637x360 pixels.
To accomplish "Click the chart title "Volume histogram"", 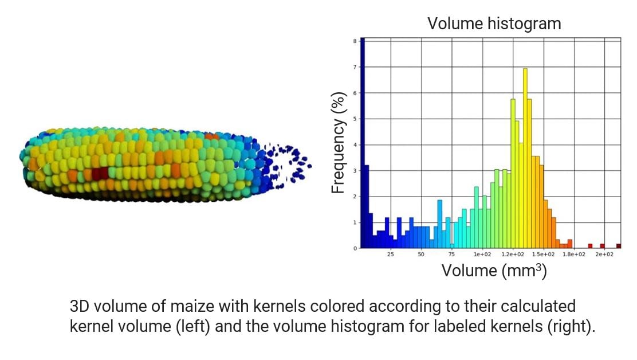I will click(494, 24).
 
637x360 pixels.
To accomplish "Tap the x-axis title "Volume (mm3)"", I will click(494, 270).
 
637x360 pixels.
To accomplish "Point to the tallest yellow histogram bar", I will click(525, 158).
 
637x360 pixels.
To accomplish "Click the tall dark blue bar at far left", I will click(363, 143).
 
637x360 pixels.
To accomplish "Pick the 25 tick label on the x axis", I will click(390, 254).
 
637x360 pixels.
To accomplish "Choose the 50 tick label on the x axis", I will click(421, 254).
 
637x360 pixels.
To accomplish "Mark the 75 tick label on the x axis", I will click(451, 254).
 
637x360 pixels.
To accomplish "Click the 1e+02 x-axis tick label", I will click(482, 254).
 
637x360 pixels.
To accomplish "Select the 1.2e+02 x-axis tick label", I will click(513, 254).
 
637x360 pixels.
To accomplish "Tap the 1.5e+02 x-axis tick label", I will click(543, 254).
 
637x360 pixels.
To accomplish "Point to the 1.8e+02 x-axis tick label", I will click(573, 254).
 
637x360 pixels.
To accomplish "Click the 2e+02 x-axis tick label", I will click(604, 254).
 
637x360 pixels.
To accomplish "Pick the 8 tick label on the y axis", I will click(355, 41).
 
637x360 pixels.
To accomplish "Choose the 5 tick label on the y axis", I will click(355, 119).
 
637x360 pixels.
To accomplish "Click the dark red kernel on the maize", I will click(100, 173).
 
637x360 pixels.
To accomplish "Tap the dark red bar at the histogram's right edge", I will click(619, 246).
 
